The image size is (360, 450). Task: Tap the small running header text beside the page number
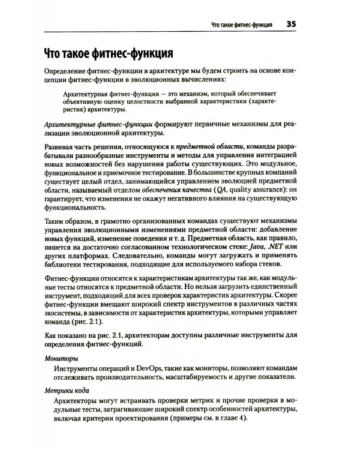[239, 25]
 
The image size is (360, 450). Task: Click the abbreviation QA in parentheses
[206, 190]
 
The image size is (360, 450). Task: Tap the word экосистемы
[64, 311]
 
